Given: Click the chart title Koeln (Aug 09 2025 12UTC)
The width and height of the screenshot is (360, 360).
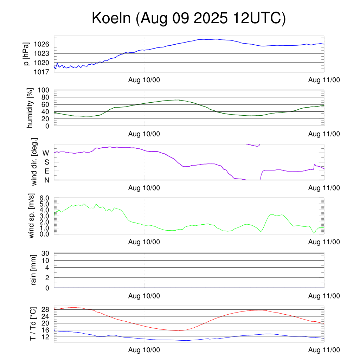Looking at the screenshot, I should coord(189,18).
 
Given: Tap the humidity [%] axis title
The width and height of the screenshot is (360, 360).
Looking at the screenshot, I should coord(30,108).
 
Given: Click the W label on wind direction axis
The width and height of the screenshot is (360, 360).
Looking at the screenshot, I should coord(46,153).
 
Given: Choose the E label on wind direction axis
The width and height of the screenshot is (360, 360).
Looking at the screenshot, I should coord(46,171).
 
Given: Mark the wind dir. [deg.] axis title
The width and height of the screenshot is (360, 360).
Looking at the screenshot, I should coord(34,162).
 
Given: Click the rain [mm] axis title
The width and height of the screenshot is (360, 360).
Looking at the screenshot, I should coord(34,270).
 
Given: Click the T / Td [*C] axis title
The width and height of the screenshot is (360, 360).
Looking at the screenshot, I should coord(33,323).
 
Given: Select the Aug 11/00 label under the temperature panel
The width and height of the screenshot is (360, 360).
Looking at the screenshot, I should coord(324,350).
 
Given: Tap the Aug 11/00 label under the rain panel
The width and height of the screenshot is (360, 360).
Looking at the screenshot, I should coord(324,296).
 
